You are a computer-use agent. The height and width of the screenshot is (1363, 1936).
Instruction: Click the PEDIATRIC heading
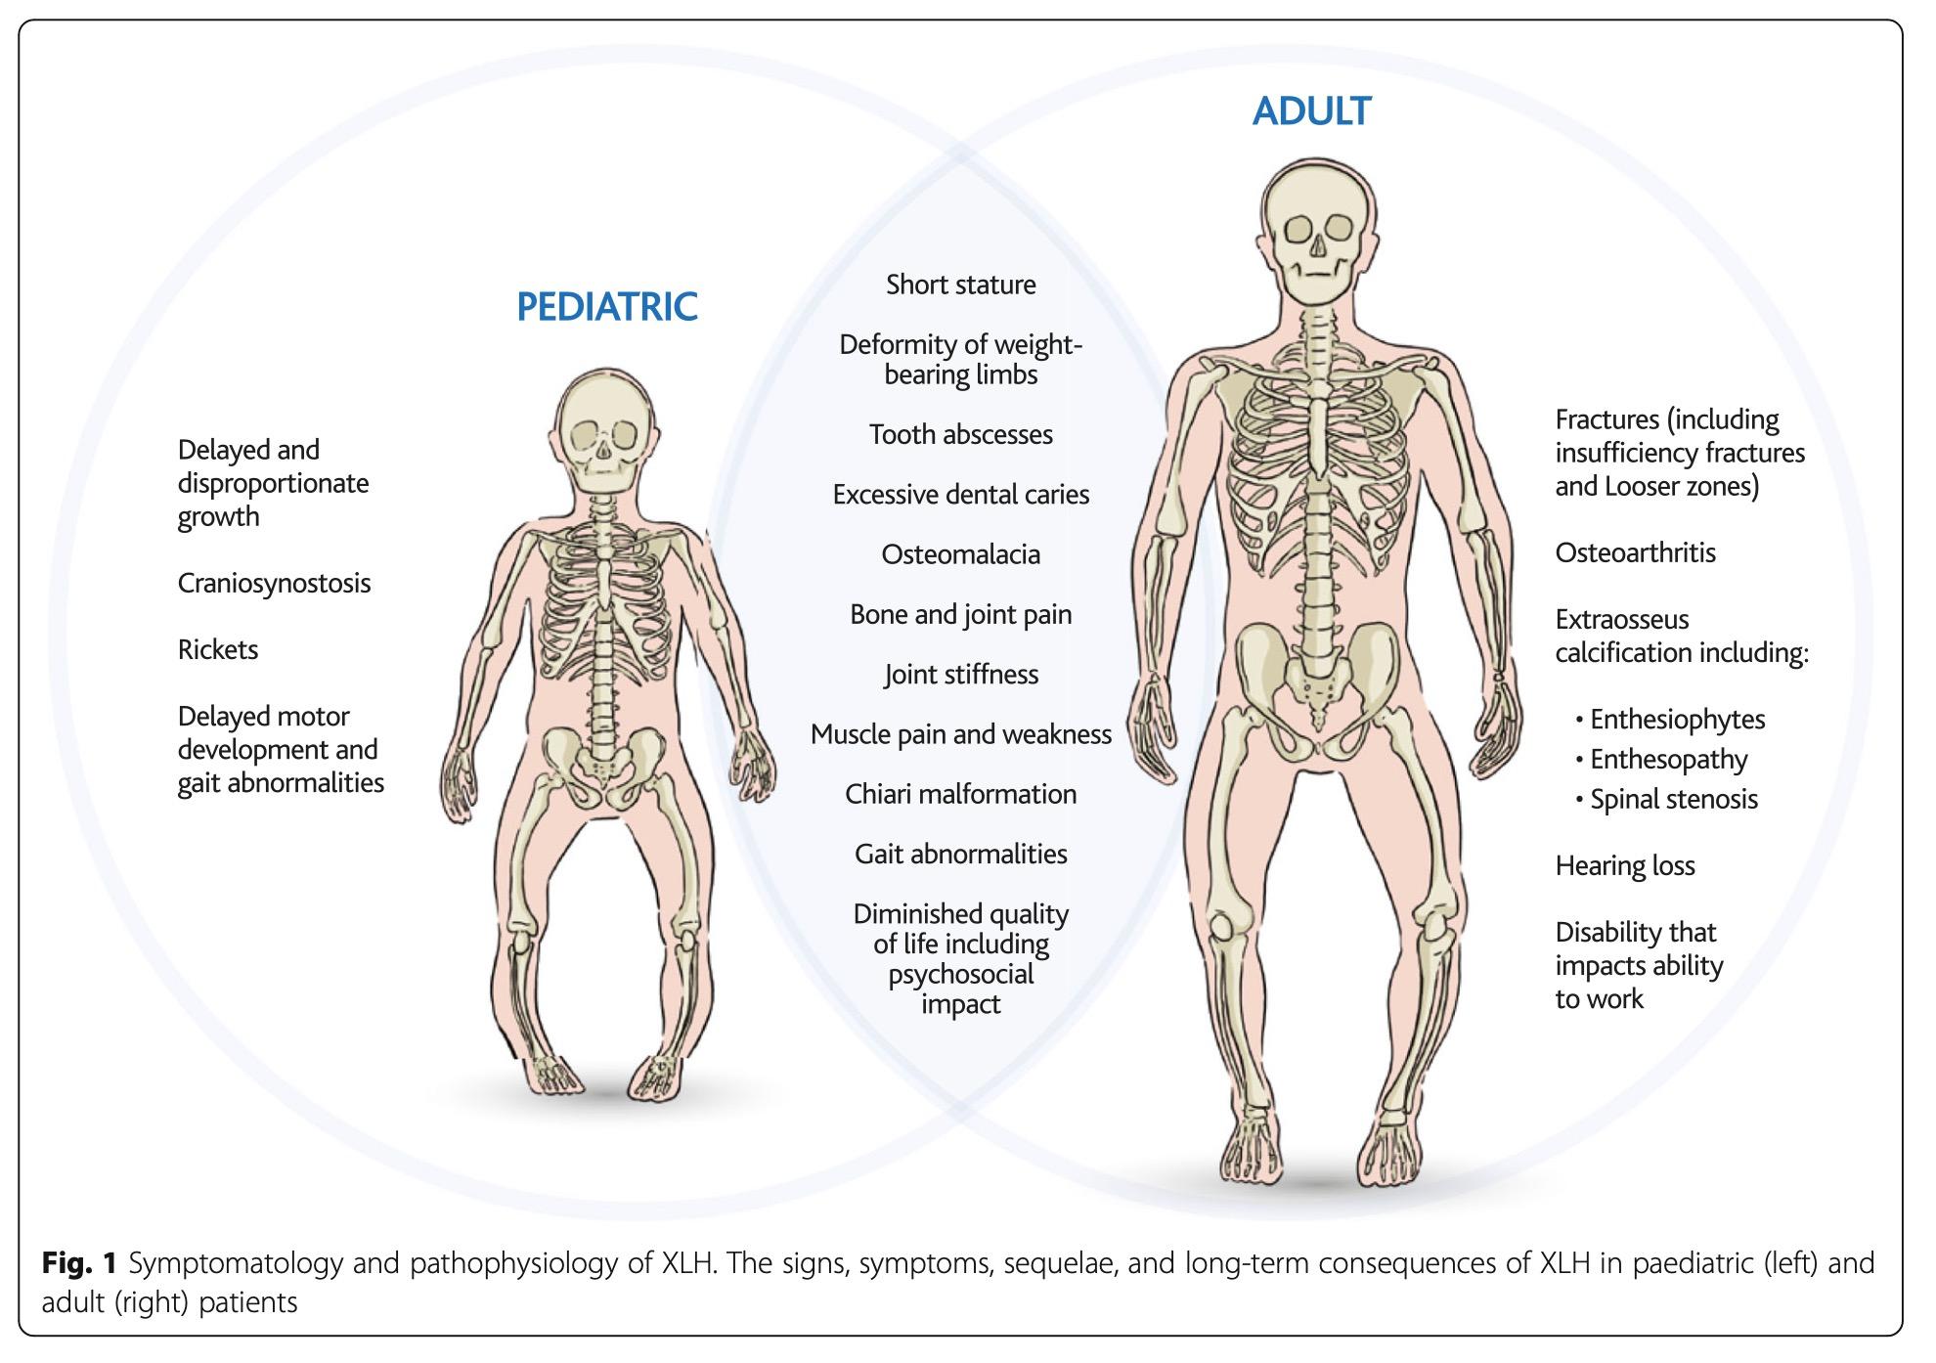coord(606,307)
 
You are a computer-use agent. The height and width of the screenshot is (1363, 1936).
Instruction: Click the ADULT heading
coord(1311,111)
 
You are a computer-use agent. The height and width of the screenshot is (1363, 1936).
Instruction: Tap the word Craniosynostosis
coord(274,584)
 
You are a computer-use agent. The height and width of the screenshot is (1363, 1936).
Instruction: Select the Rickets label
coord(217,650)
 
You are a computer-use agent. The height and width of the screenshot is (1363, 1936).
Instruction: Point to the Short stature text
coord(960,286)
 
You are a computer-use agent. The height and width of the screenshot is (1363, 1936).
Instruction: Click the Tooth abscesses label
coord(960,435)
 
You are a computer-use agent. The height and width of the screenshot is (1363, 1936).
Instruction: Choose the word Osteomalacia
coord(960,555)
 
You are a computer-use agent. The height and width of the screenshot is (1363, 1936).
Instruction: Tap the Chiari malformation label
coord(960,794)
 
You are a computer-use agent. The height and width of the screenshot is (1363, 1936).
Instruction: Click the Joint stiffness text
coord(960,675)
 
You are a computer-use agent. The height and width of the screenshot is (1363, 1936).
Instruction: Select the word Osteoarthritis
coord(1635,553)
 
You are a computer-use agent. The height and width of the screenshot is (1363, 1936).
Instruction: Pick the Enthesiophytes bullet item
coord(1676,720)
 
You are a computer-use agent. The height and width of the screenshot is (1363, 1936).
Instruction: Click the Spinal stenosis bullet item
coord(1673,800)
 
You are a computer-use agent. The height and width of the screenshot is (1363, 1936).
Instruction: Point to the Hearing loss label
coord(1624,866)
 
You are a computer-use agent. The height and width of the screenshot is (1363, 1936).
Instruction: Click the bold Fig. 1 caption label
coord(79,1264)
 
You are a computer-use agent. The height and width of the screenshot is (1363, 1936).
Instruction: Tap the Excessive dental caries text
coord(960,495)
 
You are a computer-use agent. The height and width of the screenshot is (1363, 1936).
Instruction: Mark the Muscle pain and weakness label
coord(960,734)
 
